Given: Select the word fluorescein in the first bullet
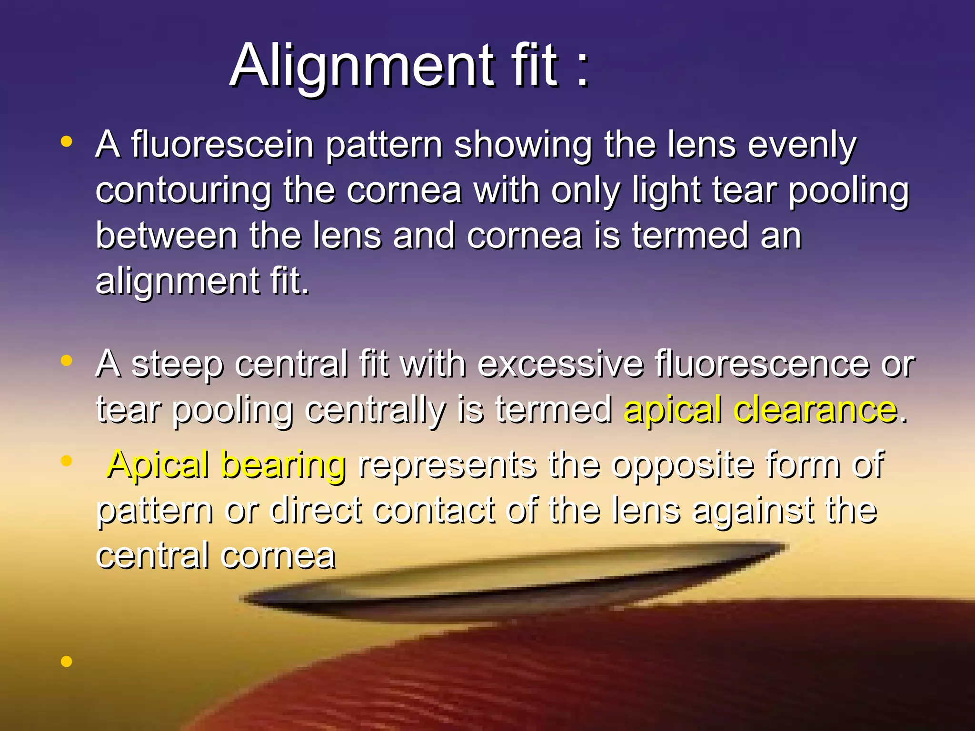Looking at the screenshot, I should [x=222, y=145].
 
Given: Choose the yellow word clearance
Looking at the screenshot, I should [x=816, y=410].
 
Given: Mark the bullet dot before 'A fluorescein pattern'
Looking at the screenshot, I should [x=67, y=141].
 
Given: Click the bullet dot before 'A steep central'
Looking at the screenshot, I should [x=67, y=361].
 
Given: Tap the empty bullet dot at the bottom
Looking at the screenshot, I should [x=67, y=661].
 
